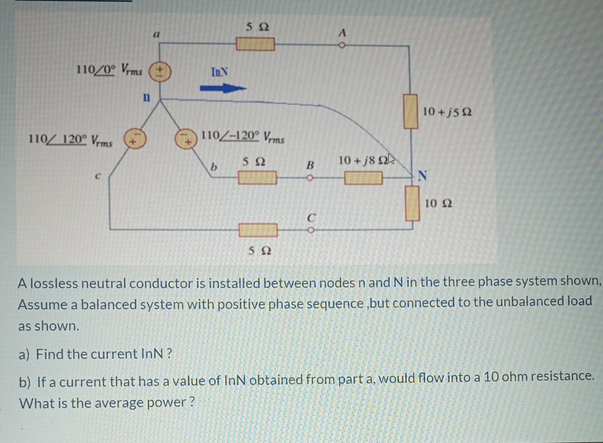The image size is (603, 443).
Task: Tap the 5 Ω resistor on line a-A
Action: pos(255,44)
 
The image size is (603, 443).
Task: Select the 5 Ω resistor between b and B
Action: pos(258,178)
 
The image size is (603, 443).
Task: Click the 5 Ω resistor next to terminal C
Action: pos(258,229)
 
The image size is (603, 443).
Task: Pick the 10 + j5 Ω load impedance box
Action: pos(411,111)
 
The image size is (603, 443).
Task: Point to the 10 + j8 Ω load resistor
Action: pos(363,178)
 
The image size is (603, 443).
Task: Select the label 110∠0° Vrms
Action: pos(109,70)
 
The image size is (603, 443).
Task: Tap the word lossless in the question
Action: pos(51,282)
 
